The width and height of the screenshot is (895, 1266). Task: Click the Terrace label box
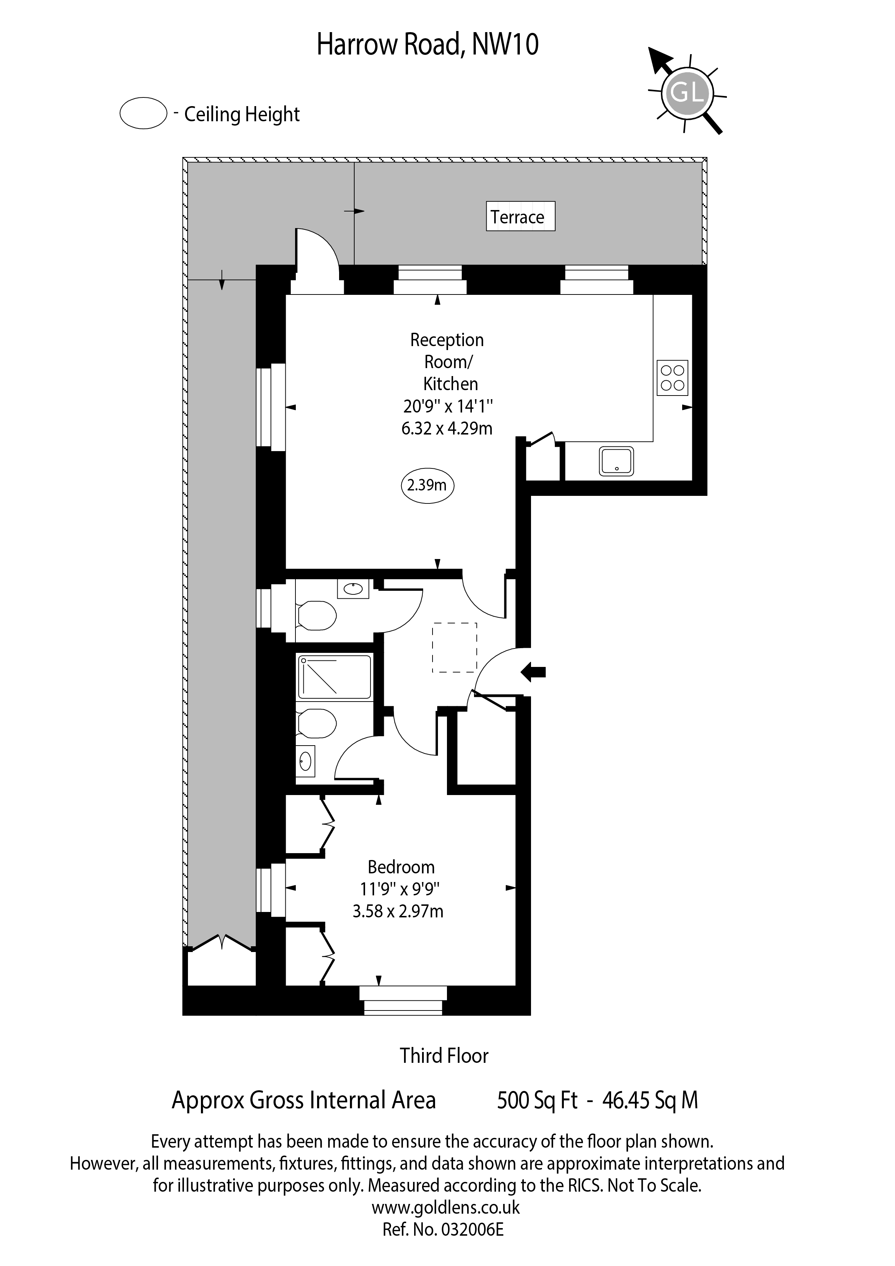pyautogui.click(x=520, y=216)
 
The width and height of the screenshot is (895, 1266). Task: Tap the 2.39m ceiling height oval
pyautogui.click(x=427, y=485)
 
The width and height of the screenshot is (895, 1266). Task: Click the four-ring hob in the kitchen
pyautogui.click(x=672, y=378)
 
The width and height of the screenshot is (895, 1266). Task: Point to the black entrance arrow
pyautogui.click(x=533, y=672)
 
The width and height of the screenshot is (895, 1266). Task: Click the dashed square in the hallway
pyautogui.click(x=455, y=647)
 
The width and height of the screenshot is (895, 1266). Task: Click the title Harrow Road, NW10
pyautogui.click(x=428, y=45)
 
